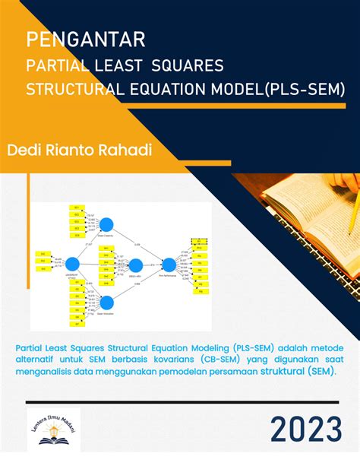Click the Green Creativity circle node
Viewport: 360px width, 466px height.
107,223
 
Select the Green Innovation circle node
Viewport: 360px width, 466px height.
107,302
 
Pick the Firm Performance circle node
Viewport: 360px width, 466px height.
169,265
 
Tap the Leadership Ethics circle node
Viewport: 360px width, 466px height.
74,263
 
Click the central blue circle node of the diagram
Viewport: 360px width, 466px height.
135,265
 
